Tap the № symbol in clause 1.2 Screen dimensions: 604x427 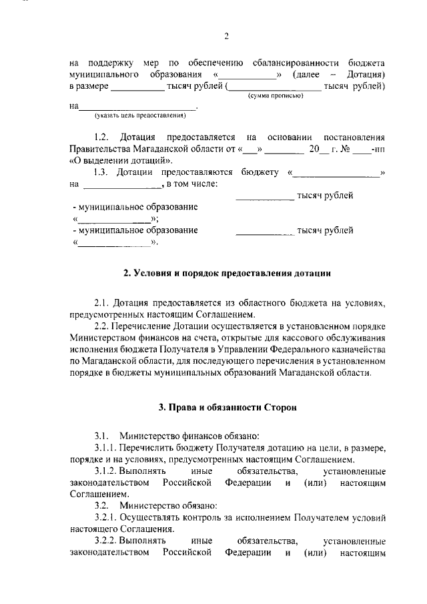[346, 149]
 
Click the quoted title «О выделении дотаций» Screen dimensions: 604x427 [111, 161]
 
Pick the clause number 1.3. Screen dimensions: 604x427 [101, 174]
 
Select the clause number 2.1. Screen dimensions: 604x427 [102, 303]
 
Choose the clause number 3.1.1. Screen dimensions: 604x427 [106, 448]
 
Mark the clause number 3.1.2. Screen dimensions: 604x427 [106, 471]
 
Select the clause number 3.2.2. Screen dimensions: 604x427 [106, 541]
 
